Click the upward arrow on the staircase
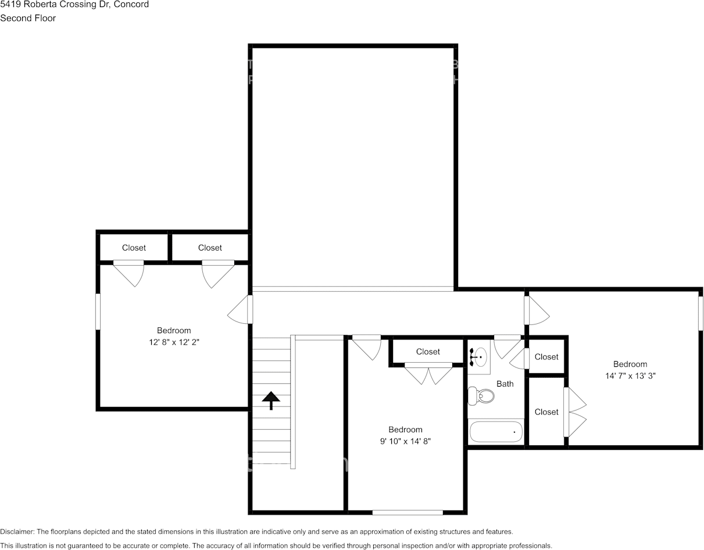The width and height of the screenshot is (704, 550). coord(271,400)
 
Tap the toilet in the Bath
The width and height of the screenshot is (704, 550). coord(483,397)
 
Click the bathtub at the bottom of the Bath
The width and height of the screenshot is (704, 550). coord(496,432)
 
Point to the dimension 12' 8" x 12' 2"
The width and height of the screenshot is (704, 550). coord(174,342)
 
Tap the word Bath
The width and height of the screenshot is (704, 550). coord(505,384)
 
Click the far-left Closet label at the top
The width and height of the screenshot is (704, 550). coord(134,248)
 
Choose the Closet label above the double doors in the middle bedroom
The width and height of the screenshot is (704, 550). coord(428,352)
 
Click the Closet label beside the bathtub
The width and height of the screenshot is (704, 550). coord(546,412)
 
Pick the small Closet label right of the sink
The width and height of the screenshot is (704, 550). coord(546,357)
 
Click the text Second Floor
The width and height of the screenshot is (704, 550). coord(28,18)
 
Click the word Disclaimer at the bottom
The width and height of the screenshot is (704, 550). coord(17,531)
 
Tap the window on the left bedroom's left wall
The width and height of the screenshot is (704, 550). coord(98,312)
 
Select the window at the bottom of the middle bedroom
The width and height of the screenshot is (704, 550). coord(408,512)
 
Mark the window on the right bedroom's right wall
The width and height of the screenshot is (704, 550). coord(701,313)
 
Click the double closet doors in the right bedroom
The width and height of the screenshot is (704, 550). coord(574,412)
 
